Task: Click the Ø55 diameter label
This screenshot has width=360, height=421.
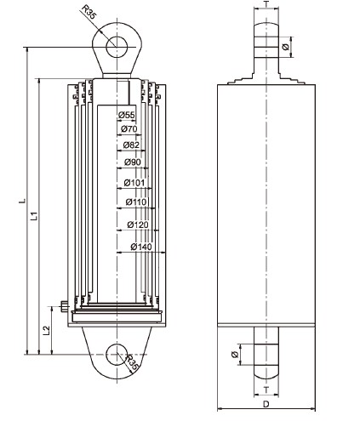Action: (126, 115)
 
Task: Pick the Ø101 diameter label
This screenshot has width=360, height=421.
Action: (134, 183)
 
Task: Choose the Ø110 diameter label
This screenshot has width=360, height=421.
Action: (135, 202)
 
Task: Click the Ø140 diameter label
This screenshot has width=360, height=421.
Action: (141, 247)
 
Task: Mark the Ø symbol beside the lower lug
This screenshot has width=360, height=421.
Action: (235, 354)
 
